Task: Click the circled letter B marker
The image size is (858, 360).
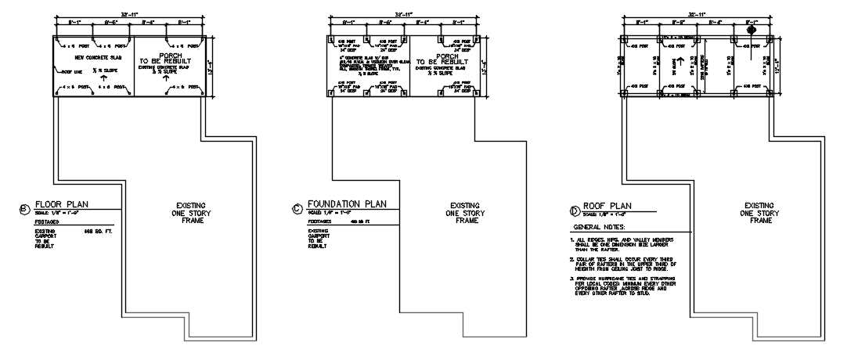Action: click(24, 208)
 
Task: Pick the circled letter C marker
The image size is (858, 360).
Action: click(296, 208)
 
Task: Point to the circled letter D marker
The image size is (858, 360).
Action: click(575, 210)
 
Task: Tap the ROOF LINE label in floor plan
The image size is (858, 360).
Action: click(63, 70)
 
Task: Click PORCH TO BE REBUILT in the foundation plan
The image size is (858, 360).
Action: click(442, 60)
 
